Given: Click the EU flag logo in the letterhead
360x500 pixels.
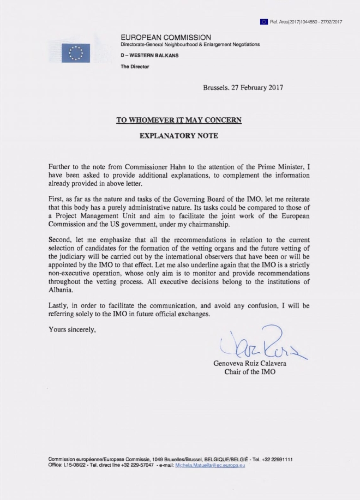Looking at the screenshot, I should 75,53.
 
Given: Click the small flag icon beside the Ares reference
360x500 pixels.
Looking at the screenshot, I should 264,21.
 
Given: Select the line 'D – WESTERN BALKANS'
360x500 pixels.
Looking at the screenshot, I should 149,55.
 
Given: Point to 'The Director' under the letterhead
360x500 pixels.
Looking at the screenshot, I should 135,67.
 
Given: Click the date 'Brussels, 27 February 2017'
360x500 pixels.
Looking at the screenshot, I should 243,87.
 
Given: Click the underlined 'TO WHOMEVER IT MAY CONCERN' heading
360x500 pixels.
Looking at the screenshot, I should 179,120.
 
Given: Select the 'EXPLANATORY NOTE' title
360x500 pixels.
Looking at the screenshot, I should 179,136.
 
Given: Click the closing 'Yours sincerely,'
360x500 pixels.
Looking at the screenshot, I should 72,329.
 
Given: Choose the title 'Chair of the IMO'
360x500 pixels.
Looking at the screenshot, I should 250,372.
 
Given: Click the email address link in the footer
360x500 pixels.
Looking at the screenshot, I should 210,465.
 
